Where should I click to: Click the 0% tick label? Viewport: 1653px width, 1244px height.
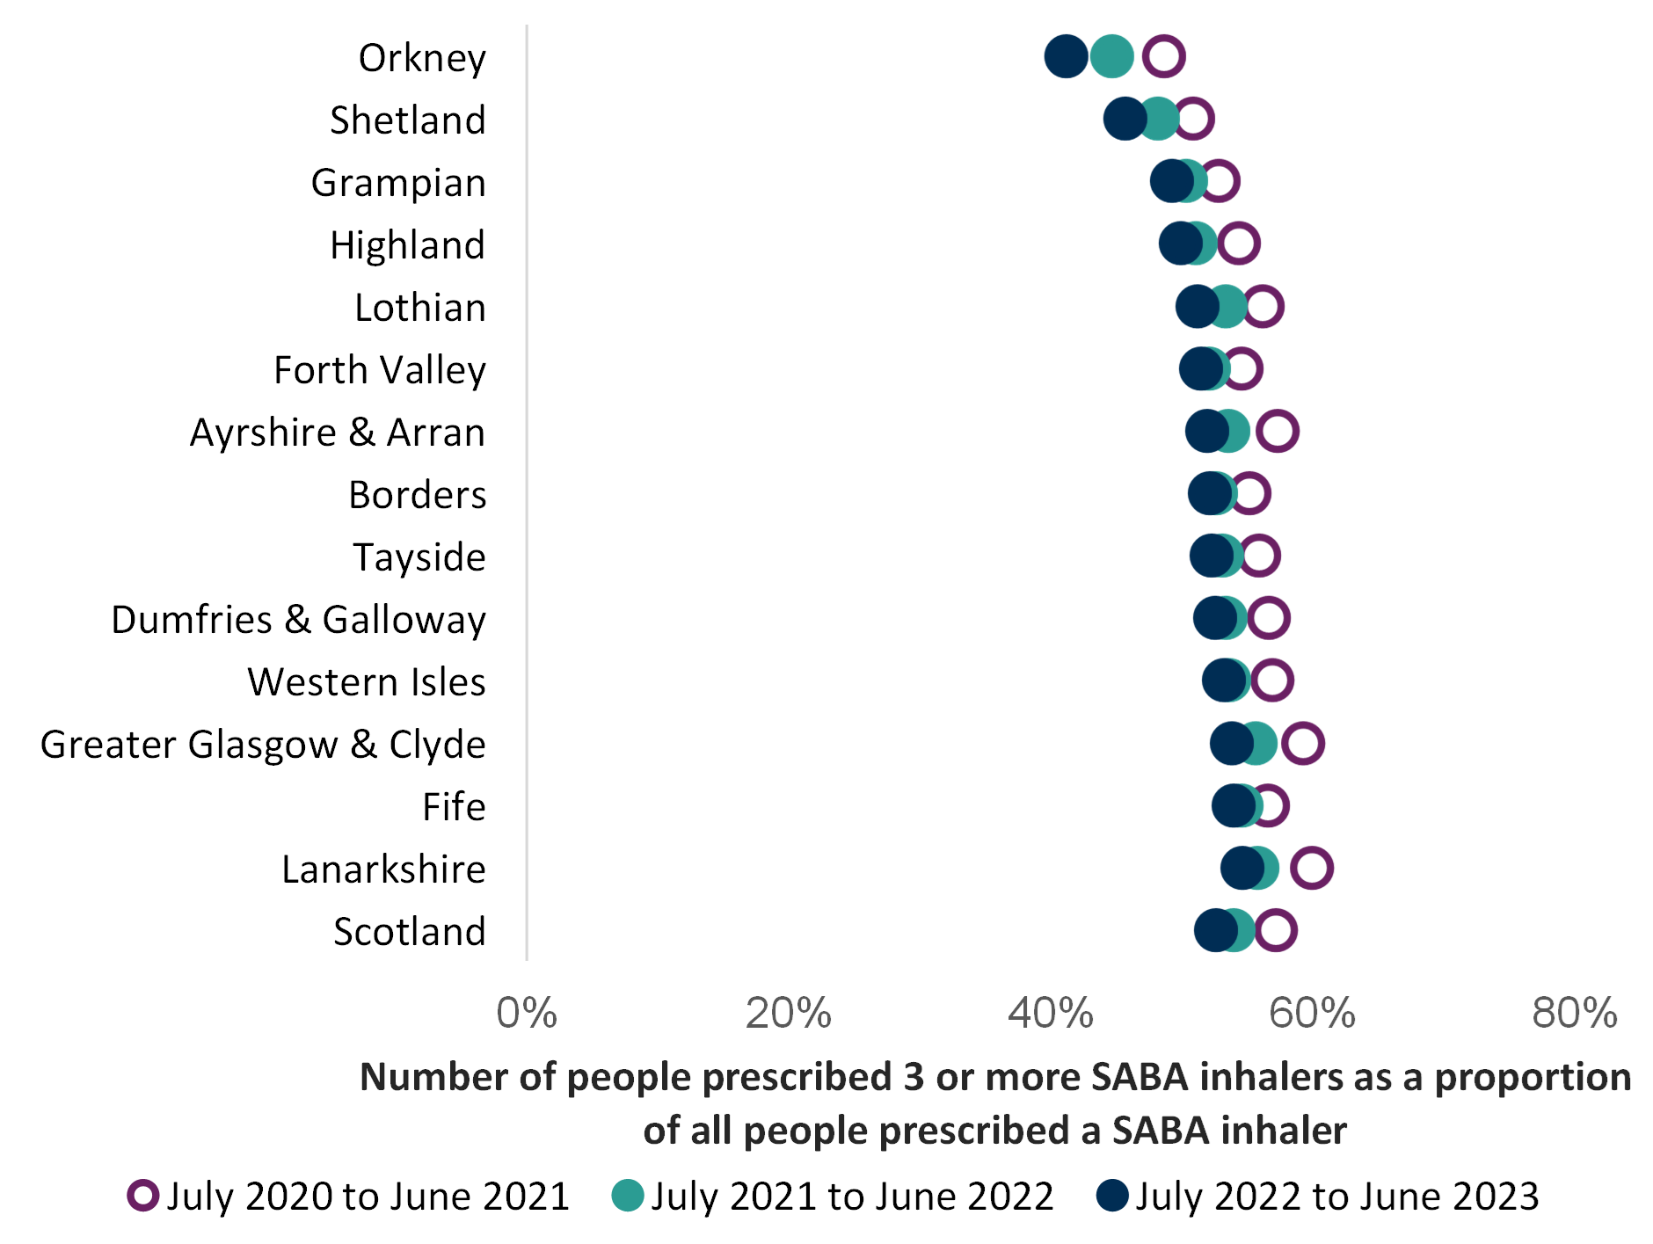tap(527, 1013)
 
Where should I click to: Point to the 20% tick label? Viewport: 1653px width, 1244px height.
tap(789, 1013)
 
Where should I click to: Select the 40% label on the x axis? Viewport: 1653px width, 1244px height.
tap(1051, 1013)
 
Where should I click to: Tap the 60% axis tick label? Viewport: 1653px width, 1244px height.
tap(1313, 1013)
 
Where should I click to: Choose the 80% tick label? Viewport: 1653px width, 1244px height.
tap(1575, 1013)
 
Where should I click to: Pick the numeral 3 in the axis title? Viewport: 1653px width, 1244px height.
tap(914, 1078)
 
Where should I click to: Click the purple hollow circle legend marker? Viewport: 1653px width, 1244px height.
tap(143, 1195)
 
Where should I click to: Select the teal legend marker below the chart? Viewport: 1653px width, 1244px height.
tap(628, 1195)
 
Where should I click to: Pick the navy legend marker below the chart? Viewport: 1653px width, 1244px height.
tap(1112, 1195)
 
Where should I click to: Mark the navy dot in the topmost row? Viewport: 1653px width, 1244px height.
tap(1066, 56)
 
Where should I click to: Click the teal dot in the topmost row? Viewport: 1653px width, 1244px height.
tap(1113, 56)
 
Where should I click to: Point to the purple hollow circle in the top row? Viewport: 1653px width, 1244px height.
tap(1164, 56)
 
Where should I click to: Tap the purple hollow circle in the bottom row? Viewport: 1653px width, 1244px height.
tap(1276, 930)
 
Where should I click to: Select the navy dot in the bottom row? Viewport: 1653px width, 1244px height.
tap(1214, 930)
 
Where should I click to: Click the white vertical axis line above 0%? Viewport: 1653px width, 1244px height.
tap(527, 492)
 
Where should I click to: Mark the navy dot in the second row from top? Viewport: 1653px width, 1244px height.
tap(1124, 119)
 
